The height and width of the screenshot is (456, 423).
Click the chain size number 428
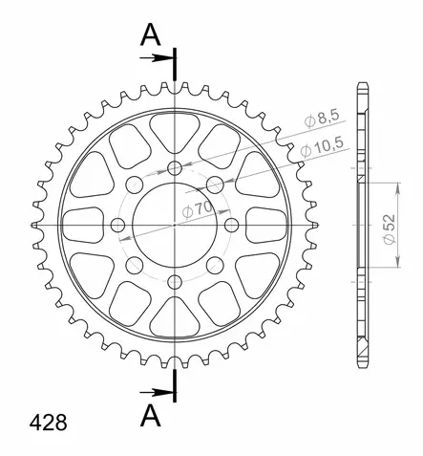49,423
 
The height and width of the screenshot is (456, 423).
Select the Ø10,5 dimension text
322,147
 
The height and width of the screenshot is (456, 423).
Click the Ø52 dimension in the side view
390,229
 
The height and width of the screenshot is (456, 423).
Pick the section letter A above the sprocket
151,35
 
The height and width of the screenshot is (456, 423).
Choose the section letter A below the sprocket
151,416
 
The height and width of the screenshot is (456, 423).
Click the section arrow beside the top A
157,58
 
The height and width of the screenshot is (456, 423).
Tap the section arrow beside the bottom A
157,392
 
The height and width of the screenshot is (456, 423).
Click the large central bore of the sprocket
175,225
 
